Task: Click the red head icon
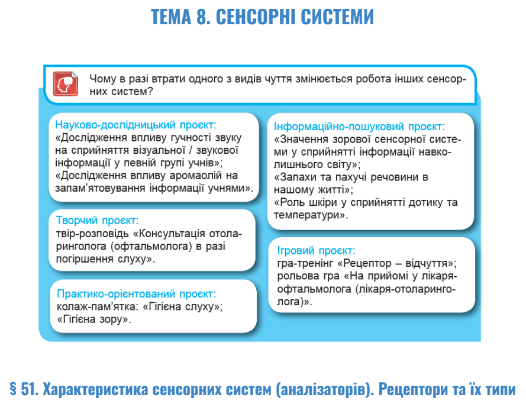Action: coord(66,84)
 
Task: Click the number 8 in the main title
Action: coord(202,17)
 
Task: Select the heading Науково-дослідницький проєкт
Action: coord(135,125)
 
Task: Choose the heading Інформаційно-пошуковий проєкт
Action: coord(359,127)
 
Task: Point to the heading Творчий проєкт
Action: coord(97,220)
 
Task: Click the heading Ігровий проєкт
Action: coord(316,250)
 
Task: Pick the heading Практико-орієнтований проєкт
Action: coord(136,294)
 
